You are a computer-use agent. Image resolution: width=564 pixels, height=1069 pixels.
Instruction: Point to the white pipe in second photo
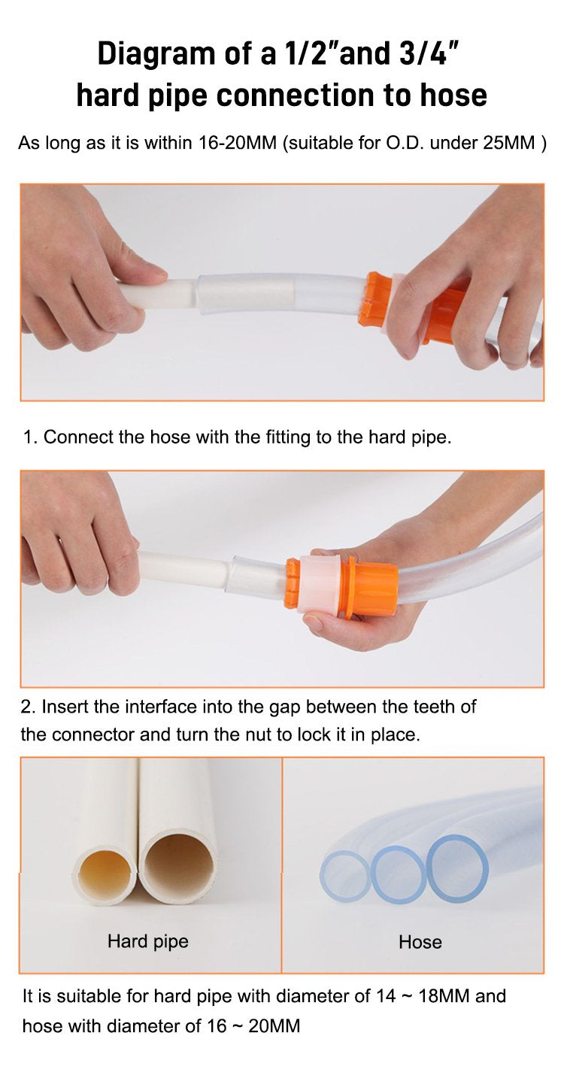(180, 568)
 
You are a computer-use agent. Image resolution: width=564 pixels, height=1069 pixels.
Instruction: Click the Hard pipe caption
(147, 941)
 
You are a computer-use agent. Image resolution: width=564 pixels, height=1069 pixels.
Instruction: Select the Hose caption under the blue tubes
(420, 942)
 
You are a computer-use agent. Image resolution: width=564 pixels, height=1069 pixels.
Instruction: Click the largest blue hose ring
(457, 868)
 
